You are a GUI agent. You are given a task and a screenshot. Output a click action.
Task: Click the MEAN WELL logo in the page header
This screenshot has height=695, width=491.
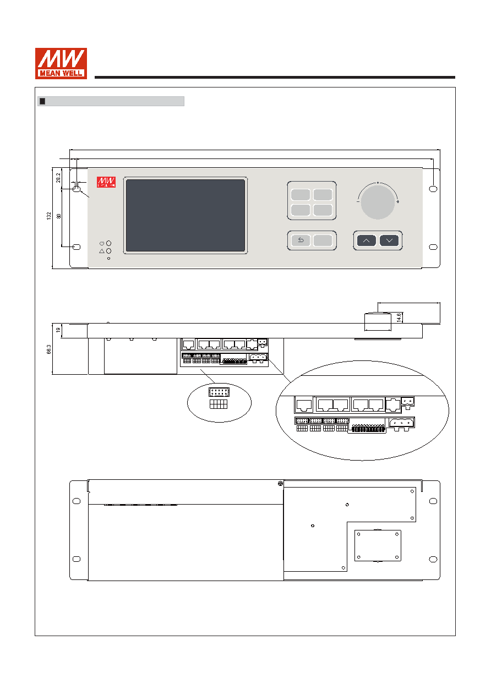coord(61,63)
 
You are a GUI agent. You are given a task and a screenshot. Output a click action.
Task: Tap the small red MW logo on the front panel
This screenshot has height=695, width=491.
coord(106,182)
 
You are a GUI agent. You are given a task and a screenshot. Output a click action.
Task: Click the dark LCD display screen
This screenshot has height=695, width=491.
coord(186,215)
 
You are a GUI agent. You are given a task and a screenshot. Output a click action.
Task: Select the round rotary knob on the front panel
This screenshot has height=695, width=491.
coord(378,203)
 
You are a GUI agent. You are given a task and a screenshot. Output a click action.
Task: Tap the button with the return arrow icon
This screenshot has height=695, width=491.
coord(301,240)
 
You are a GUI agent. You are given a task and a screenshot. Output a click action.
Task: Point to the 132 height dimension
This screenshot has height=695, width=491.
coord(49,216)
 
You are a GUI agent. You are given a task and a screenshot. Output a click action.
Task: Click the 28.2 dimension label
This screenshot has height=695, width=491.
coord(58,178)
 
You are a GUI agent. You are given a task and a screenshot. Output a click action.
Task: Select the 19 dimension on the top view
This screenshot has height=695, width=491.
coord(58,330)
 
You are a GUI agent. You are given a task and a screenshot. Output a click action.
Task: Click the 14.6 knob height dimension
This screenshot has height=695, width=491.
coord(399,318)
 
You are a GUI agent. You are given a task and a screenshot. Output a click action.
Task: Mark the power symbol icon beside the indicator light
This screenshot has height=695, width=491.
coord(101,243)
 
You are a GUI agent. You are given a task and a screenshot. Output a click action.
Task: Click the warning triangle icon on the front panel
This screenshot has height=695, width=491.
coord(101,251)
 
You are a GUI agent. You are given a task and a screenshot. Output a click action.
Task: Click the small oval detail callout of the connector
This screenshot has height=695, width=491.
coord(219,402)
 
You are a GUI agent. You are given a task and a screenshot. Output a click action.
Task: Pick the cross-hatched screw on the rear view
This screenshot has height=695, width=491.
coord(280,483)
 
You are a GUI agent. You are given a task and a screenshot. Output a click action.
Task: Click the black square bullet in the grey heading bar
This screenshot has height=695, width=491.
coord(42,101)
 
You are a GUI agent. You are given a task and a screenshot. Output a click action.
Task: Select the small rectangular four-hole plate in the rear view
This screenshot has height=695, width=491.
coord(378,545)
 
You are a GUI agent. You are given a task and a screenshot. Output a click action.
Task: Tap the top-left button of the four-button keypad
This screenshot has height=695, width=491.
coord(301,195)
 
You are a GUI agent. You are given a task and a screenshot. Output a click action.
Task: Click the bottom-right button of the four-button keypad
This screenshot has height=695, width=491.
coord(323,210)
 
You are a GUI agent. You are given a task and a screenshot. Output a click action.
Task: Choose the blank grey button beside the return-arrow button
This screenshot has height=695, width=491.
coord(323,240)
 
